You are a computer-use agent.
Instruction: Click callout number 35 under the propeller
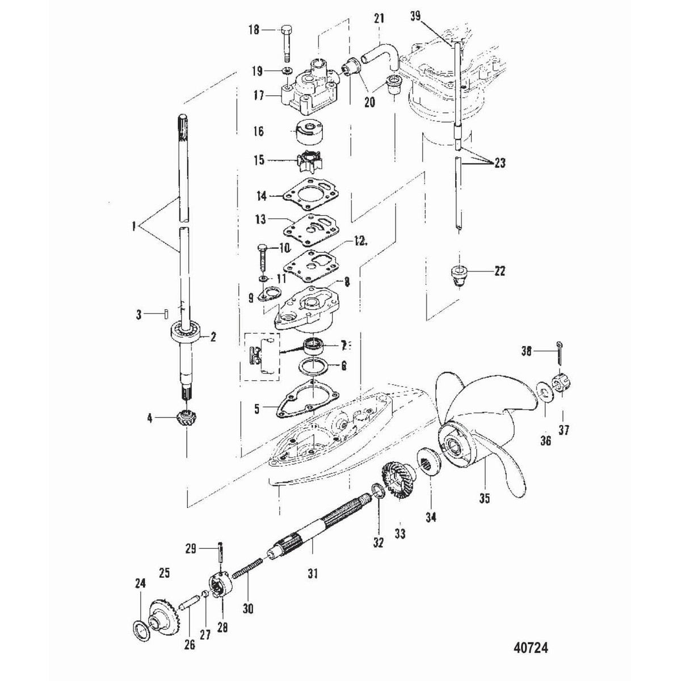tap(485, 499)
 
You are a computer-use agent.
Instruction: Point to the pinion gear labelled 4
tap(186, 421)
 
